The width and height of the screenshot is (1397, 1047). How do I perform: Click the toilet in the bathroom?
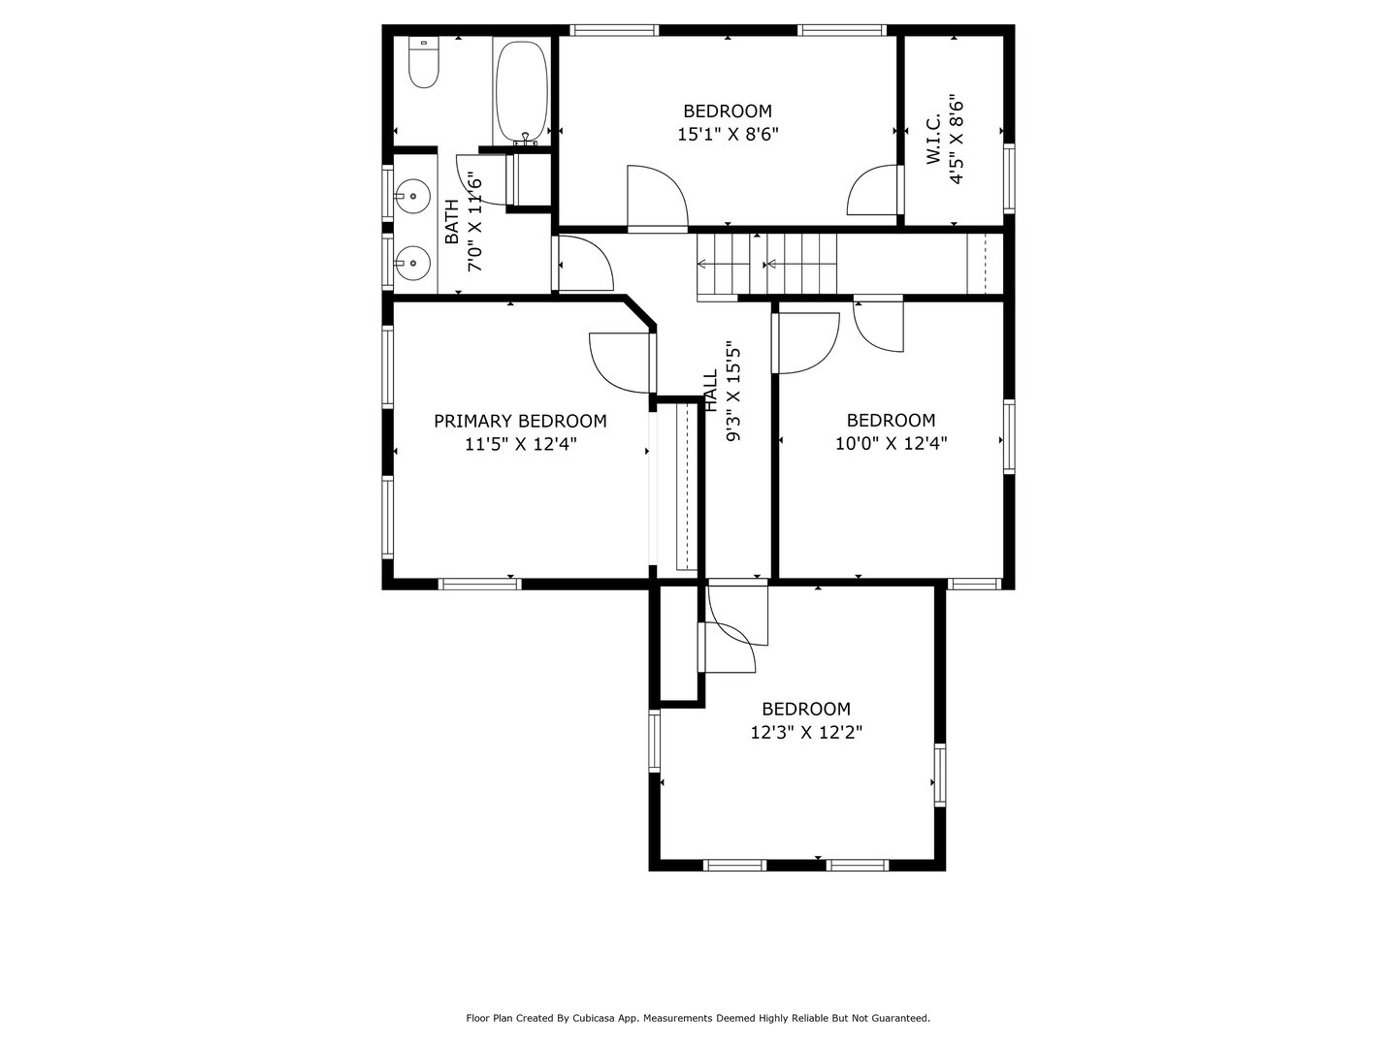424,64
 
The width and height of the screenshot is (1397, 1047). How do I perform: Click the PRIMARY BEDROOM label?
520,421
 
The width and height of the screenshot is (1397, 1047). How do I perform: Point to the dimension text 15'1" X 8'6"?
728,135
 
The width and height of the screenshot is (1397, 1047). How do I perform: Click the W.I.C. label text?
933,140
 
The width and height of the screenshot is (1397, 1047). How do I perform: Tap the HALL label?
711,390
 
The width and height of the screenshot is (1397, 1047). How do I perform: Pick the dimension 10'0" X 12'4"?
891,444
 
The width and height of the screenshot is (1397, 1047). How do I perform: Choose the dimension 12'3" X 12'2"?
806,733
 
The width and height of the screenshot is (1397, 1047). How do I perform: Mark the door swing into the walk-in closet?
874,191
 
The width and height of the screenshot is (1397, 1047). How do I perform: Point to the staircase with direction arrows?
766,264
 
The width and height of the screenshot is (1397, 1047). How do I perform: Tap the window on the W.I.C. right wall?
1009,178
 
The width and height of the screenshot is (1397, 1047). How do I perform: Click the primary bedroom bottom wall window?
480,584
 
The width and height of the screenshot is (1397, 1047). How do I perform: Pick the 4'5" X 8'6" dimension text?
958,140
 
